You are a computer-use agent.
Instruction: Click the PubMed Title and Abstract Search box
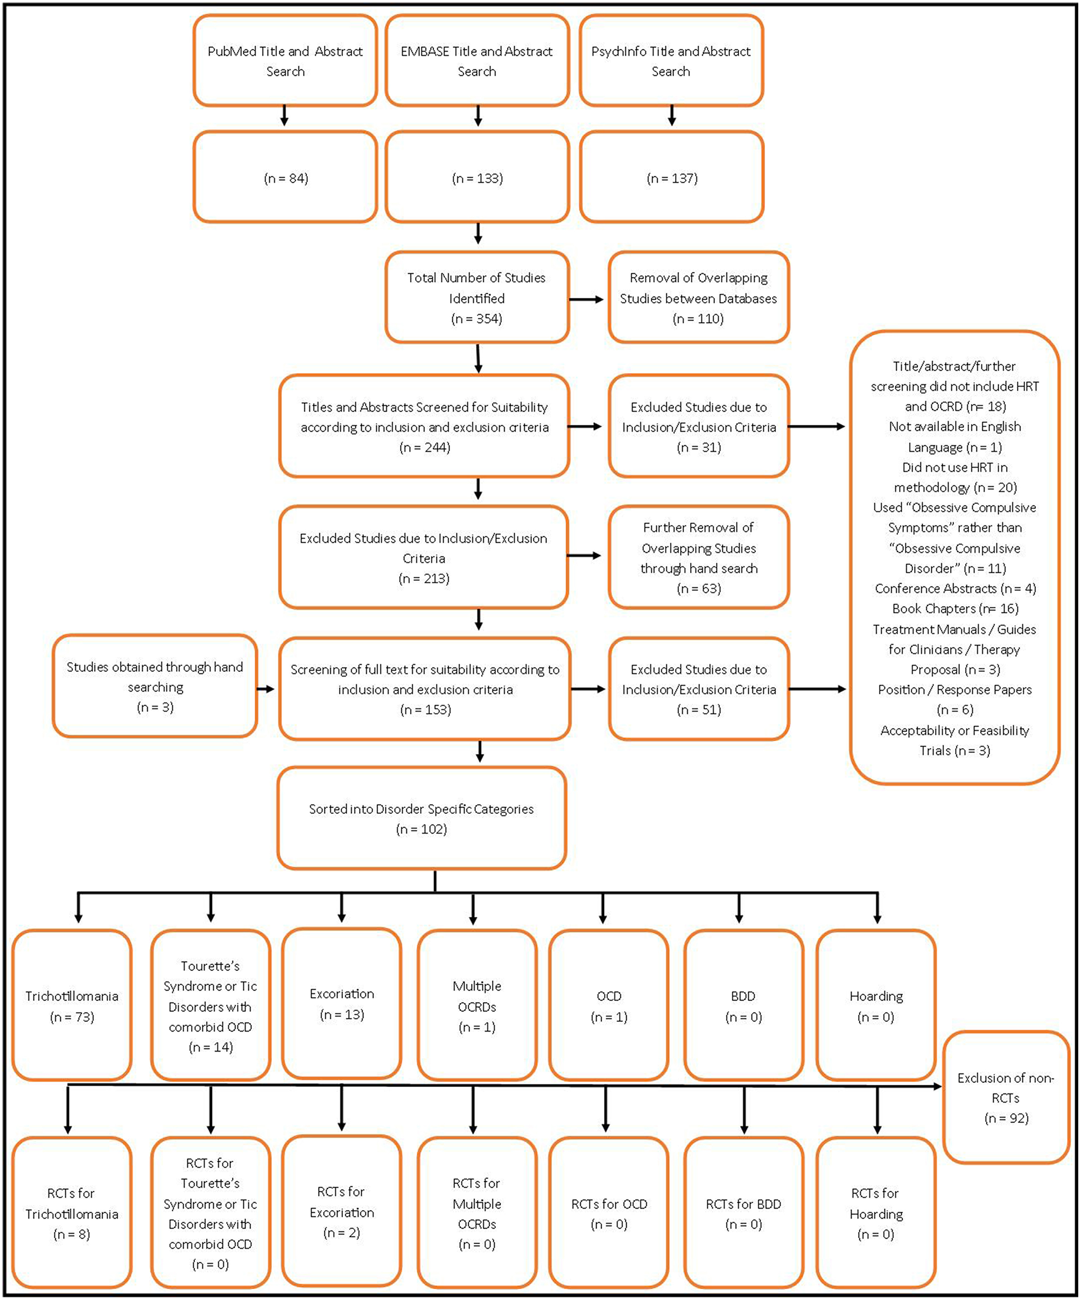coord(285,61)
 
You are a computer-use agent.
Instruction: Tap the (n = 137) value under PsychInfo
coord(671,178)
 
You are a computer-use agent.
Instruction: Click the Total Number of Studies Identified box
coord(476,297)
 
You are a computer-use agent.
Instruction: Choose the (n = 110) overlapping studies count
coord(698,319)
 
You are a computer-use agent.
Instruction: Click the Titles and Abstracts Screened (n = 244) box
coord(424,426)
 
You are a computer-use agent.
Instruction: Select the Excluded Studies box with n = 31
coord(698,426)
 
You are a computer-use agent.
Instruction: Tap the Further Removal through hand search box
coord(698,557)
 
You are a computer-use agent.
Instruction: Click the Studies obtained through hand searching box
coord(155,686)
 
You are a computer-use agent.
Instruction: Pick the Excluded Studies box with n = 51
coord(698,688)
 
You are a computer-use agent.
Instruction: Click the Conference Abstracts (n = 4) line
coord(954,588)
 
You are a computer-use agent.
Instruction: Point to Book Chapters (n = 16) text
coord(954,608)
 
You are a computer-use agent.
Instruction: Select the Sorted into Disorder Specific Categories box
coord(421,818)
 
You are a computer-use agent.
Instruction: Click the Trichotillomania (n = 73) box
coord(72,1005)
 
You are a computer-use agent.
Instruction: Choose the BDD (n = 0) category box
coord(743,1005)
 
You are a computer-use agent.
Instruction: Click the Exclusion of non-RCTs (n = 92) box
coord(1006,1098)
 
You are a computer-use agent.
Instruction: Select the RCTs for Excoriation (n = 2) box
coord(341,1211)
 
